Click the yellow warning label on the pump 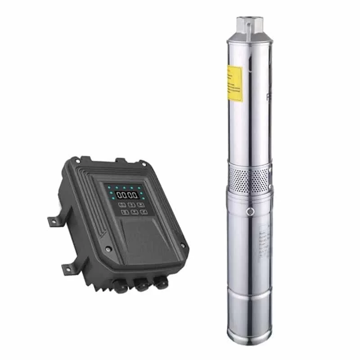point(235,83)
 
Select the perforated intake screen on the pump point(248,178)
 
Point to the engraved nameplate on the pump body point(263,243)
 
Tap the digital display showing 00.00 point(126,195)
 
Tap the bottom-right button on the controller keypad point(143,211)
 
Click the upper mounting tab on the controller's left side point(53,220)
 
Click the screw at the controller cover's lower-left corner point(107,249)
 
